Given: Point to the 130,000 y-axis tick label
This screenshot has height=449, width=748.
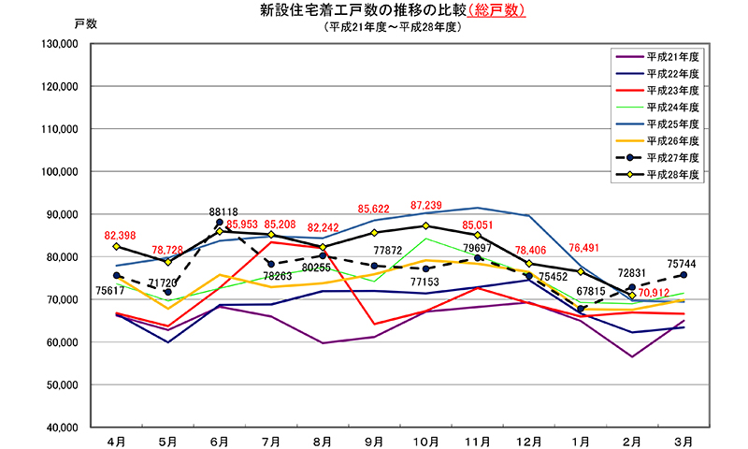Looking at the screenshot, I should pos(59,44).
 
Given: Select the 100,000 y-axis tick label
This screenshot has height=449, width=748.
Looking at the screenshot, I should pos(59,172).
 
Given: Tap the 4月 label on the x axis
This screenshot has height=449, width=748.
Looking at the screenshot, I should pos(116,439).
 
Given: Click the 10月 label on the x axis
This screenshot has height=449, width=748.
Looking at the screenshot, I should pos(425,439).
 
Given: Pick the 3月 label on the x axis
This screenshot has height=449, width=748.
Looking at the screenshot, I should pos(683,439).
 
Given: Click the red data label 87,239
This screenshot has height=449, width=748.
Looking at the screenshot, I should pos(426,205).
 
